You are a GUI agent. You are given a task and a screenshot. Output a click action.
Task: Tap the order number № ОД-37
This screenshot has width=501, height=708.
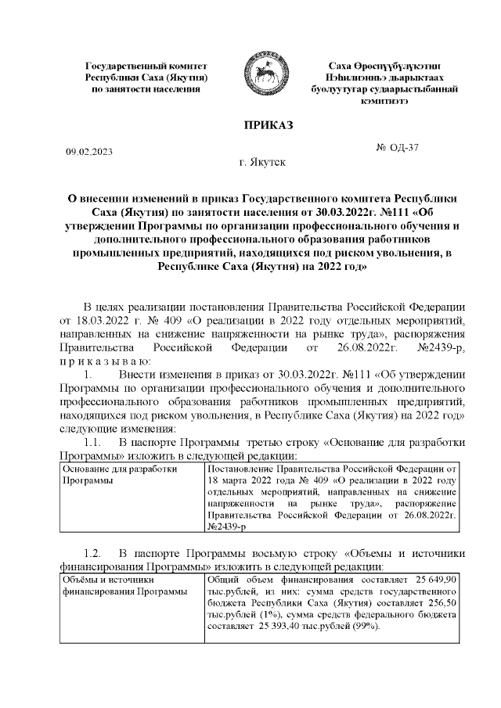click(398, 147)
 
